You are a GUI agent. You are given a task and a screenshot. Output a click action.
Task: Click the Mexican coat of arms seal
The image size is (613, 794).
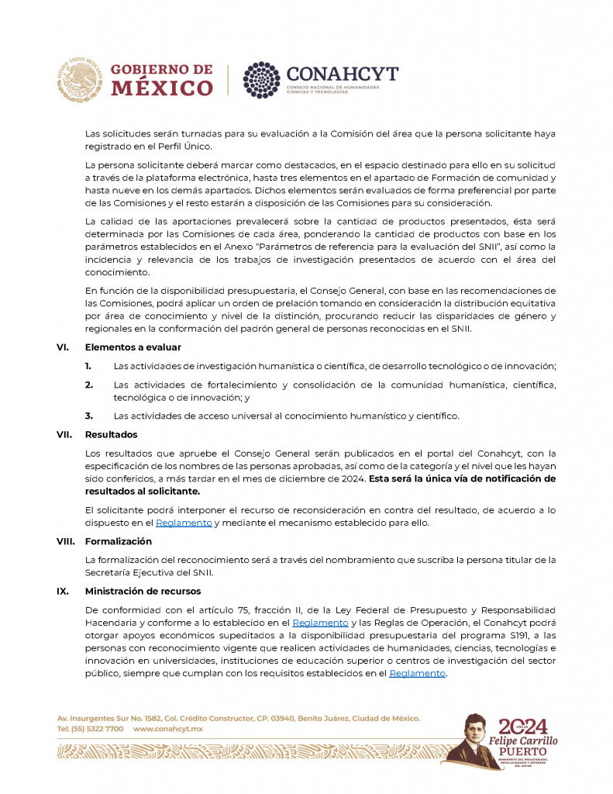coord(79,78)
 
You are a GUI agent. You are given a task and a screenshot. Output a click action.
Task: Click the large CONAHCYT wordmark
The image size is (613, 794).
coord(343,74)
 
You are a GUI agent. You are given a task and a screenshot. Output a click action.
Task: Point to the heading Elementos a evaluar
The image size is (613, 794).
coord(129,347)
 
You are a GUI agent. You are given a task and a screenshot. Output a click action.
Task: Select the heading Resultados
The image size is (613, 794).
coord(111,435)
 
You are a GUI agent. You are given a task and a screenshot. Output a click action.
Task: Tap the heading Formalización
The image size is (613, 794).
coord(118,541)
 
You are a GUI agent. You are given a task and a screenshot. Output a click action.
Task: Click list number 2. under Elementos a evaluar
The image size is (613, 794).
coord(89,385)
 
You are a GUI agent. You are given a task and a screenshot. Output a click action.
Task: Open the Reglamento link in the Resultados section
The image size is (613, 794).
coord(184,523)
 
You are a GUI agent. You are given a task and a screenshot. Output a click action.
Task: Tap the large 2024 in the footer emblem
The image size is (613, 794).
coord(522,726)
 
